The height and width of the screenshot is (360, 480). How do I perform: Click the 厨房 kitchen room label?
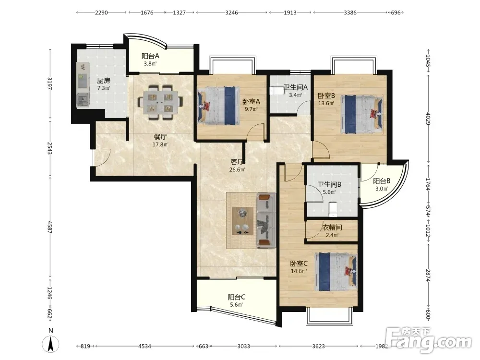coord(104,81)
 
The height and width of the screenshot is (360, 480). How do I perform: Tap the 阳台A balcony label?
coord(150,56)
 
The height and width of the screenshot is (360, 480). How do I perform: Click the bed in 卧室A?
coord(218,106)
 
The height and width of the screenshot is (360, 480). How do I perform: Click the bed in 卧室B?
coord(362,114)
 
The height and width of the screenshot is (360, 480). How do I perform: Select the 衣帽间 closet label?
coord(332,228)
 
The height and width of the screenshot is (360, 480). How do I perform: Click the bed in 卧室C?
coord(336,272)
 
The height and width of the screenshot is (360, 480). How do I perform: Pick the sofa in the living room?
coord(266,220)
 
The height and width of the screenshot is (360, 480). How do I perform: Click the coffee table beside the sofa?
coord(242,221)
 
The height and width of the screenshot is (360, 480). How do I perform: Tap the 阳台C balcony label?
coord(236,297)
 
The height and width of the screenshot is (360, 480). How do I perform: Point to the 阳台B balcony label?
coord(382,181)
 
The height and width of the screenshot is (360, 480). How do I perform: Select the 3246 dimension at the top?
coord(231,12)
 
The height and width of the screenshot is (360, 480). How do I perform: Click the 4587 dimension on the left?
coord(50,227)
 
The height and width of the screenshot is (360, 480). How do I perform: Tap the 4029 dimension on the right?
coord(428,119)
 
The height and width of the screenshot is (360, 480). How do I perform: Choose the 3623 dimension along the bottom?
coord(318,346)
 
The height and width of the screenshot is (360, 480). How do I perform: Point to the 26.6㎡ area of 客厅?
coord(237,169)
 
